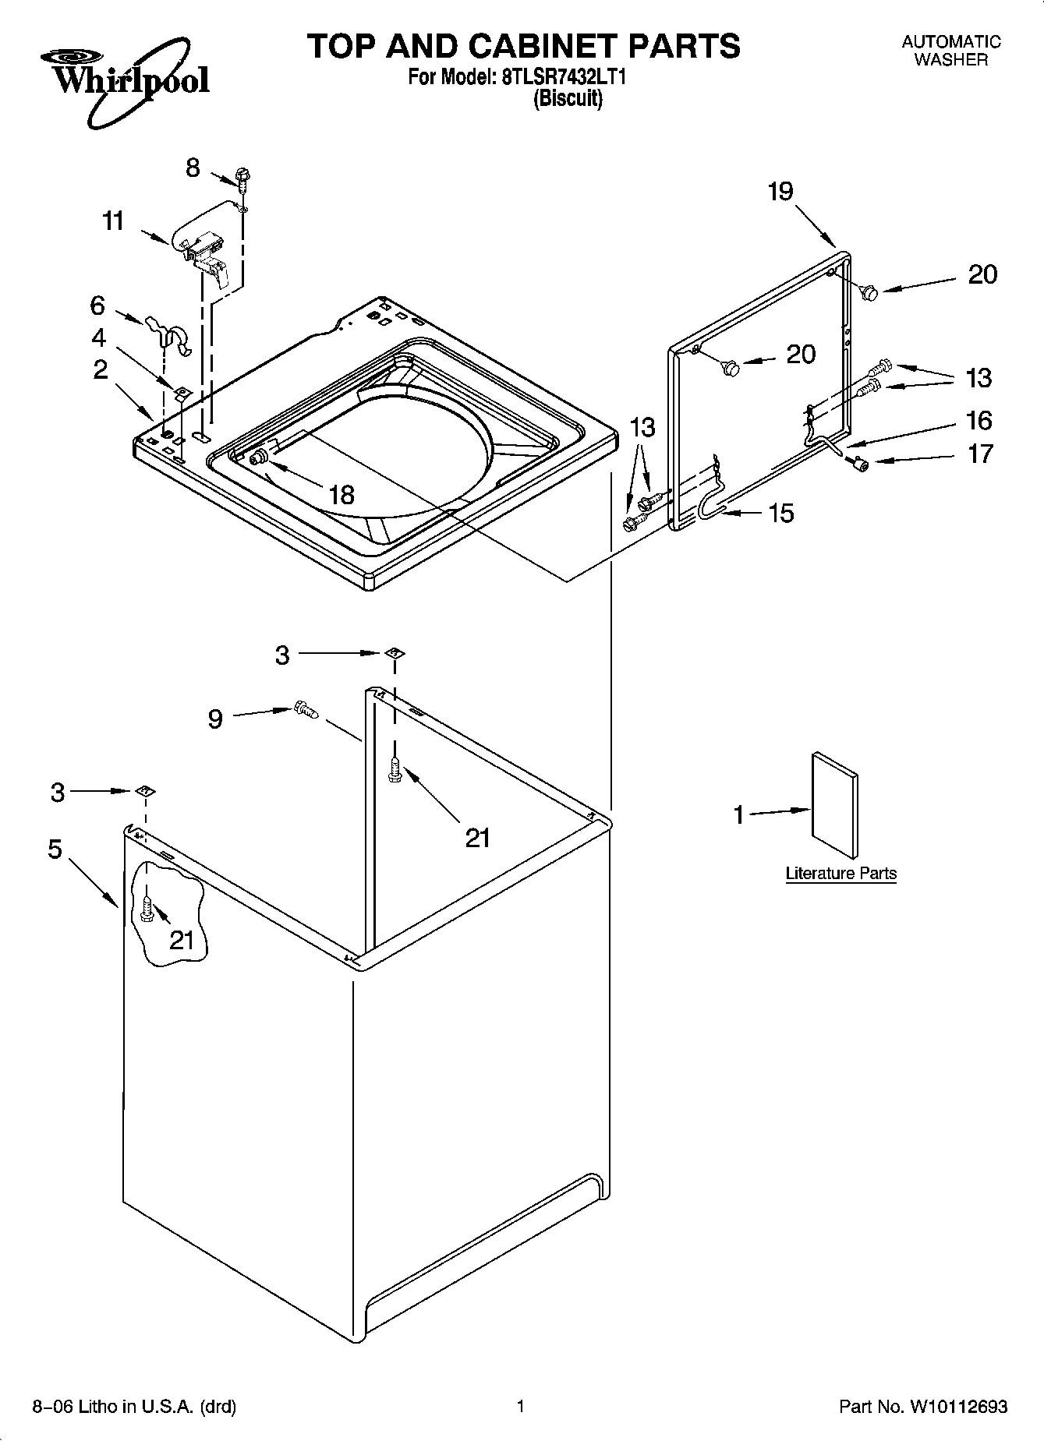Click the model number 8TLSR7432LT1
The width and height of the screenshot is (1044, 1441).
[561, 77]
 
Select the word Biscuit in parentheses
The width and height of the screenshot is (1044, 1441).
[567, 99]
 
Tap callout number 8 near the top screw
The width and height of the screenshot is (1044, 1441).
[193, 167]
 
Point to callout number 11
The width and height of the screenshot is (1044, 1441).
[114, 221]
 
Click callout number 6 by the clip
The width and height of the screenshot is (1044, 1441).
[97, 305]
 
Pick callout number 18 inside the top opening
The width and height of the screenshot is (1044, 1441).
[342, 494]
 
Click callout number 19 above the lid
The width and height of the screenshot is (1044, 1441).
[780, 191]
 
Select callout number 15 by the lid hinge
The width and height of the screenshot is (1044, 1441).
[780, 513]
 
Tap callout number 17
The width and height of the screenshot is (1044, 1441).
[980, 454]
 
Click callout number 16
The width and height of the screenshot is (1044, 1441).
[979, 421]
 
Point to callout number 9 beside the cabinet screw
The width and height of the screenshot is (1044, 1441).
[215, 719]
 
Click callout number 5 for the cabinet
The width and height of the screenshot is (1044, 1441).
[55, 849]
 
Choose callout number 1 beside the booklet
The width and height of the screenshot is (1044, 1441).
[738, 815]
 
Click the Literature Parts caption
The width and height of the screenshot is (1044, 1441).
[841, 874]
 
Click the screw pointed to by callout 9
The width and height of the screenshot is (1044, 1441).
[306, 710]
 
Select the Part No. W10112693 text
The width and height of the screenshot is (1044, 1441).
[923, 1407]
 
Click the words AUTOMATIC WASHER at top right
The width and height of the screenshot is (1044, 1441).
[950, 51]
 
